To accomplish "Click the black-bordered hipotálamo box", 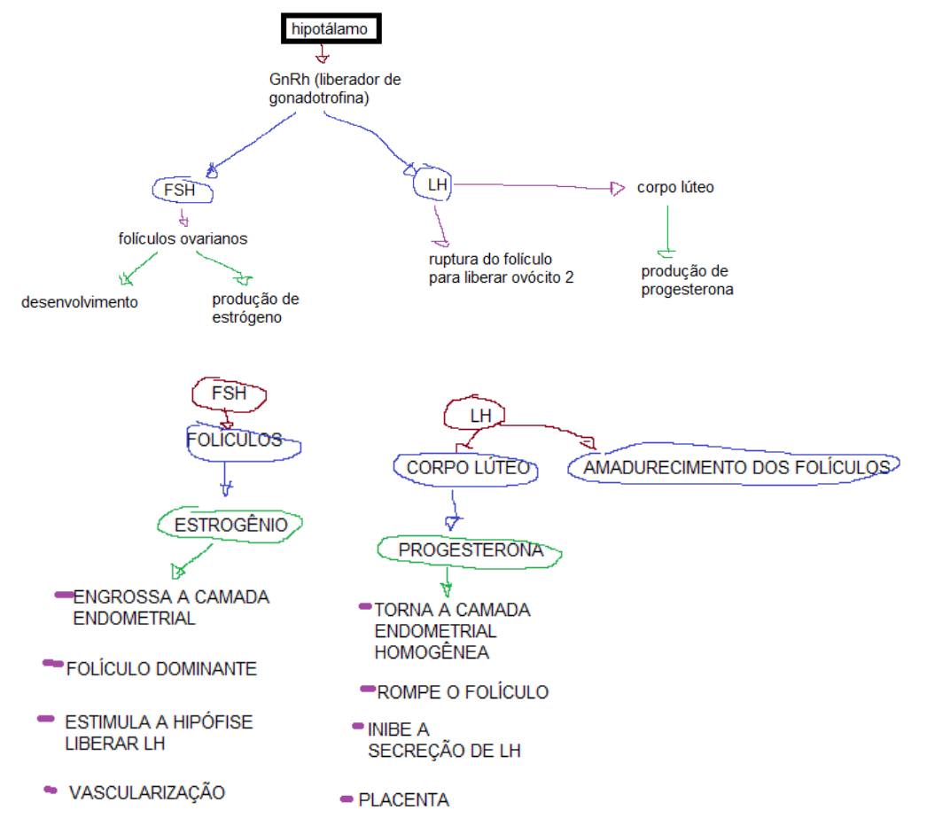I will pyautogui.click(x=330, y=29).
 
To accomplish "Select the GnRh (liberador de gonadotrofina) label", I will pyautogui.click(x=334, y=89).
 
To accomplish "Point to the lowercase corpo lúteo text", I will pyautogui.click(x=675, y=188).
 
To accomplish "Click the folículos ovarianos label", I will pyautogui.click(x=183, y=238).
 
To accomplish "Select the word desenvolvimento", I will pyautogui.click(x=80, y=301).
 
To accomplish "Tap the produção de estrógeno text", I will pyautogui.click(x=255, y=308).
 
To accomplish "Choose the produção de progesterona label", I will pyautogui.click(x=688, y=280).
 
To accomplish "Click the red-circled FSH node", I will pyautogui.click(x=229, y=394).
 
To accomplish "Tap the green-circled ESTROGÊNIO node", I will pyautogui.click(x=230, y=525).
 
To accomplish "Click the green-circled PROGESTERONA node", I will pyautogui.click(x=470, y=550).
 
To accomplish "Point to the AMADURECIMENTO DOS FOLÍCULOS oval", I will pyautogui.click(x=736, y=467).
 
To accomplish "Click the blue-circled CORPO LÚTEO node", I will pyautogui.click(x=467, y=468).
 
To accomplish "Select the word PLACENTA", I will pyautogui.click(x=403, y=800).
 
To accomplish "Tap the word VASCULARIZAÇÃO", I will pyautogui.click(x=146, y=792).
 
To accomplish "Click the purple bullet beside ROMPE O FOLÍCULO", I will pyautogui.click(x=368, y=689).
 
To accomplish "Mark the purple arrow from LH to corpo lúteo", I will pyautogui.click(x=532, y=186).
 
